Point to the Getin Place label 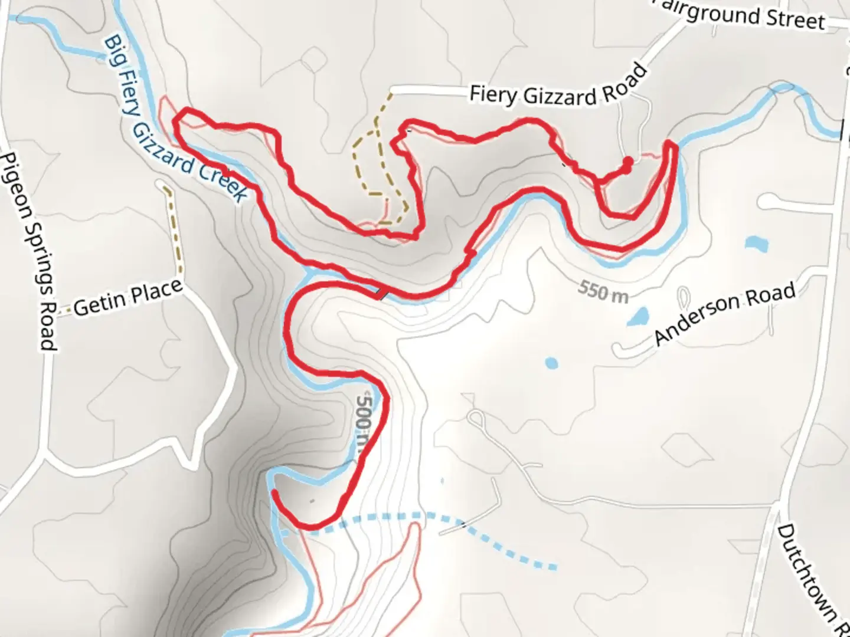tap(127, 298)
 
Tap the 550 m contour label tap(603, 291)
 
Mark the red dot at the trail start tap(627, 162)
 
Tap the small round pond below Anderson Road tap(551, 363)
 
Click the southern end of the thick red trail tap(274, 492)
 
